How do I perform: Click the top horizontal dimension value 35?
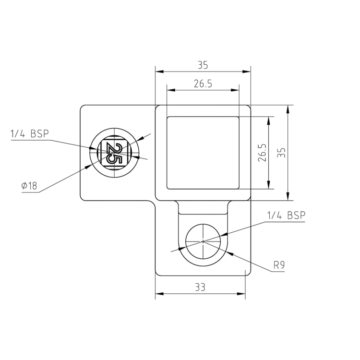point(203,65)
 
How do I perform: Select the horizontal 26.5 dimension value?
point(203,84)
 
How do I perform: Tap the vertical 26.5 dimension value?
point(262,153)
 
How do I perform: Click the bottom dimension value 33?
point(200,287)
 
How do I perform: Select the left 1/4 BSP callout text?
point(30,134)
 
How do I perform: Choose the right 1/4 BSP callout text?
point(286,216)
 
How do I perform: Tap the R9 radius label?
point(279,264)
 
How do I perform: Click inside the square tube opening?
point(203,153)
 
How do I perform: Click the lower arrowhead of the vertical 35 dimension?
point(288,196)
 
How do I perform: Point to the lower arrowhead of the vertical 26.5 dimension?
point(268,185)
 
